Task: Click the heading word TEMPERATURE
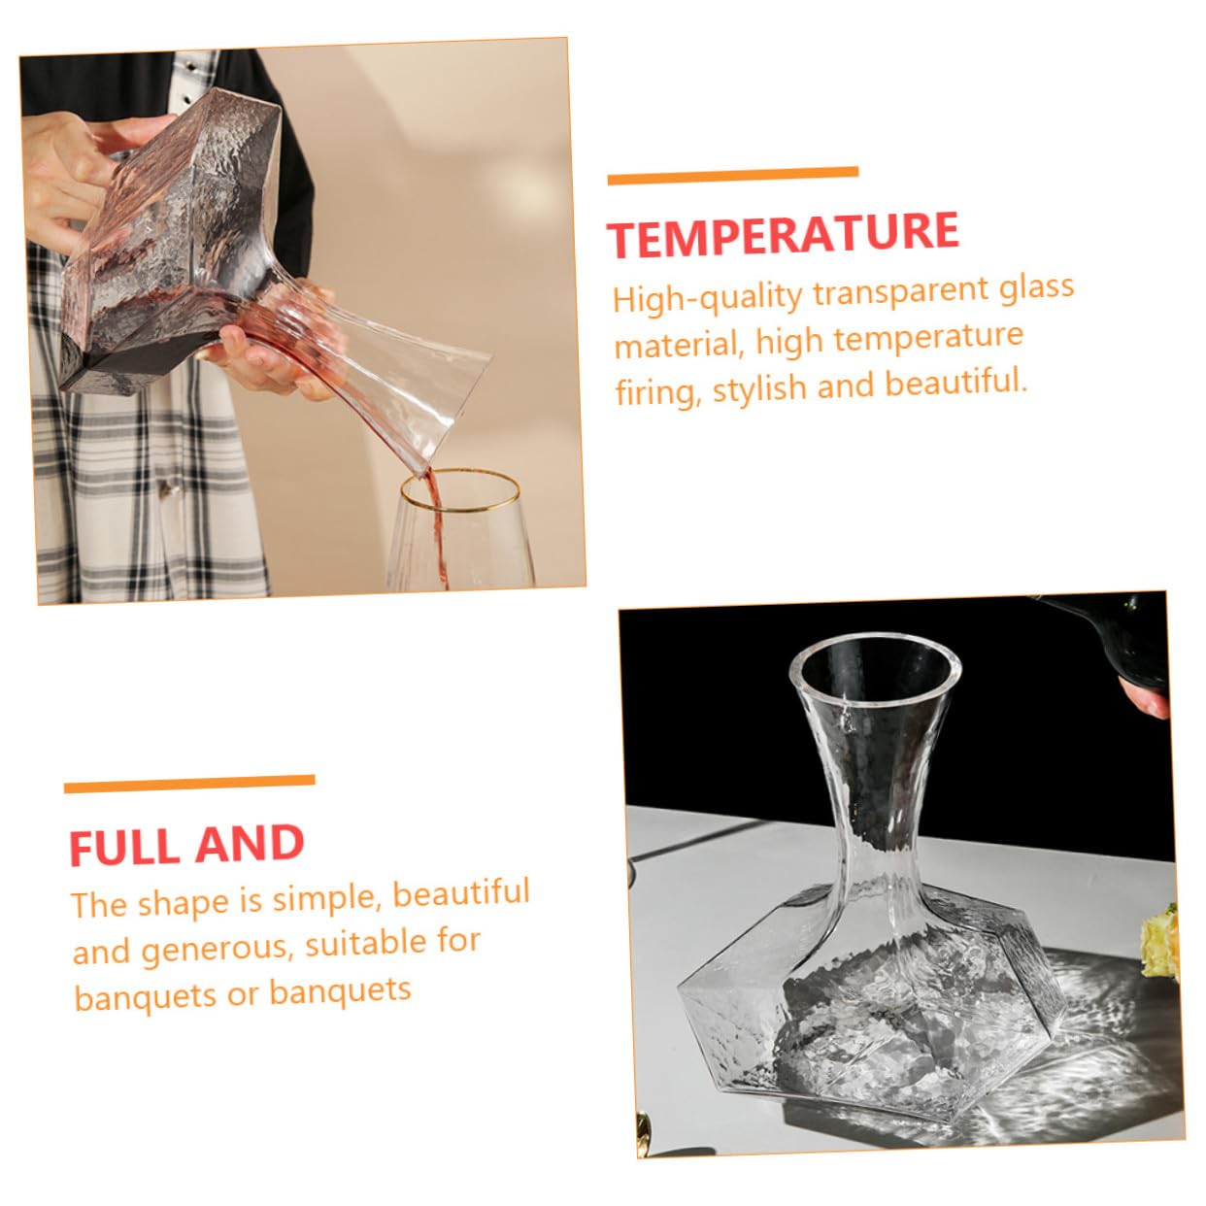click(783, 234)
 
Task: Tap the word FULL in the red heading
click(123, 847)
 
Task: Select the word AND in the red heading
click(250, 843)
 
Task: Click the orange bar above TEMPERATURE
click(733, 176)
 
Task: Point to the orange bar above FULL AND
click(189, 784)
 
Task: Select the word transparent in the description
click(902, 291)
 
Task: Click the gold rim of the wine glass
click(460, 492)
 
